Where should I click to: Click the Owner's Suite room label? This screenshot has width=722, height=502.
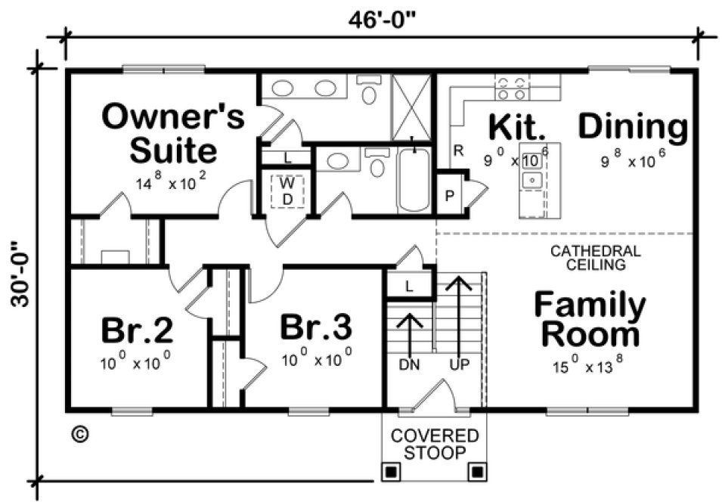[173, 134]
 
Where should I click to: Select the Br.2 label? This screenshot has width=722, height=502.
[137, 330]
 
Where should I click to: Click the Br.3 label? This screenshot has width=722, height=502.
[315, 328]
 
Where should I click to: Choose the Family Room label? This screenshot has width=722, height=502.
[590, 319]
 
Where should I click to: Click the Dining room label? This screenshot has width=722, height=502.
[634, 127]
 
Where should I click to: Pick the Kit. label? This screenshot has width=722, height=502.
[516, 127]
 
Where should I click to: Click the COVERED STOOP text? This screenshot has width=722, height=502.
[434, 444]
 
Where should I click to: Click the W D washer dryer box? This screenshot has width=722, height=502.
[287, 191]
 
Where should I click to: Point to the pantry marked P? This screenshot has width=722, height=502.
[450, 195]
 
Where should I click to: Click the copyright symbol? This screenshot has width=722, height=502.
[79, 434]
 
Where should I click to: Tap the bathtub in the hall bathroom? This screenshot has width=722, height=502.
[413, 180]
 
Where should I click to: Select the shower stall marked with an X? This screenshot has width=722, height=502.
[411, 108]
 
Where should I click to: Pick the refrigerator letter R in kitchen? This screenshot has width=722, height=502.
[458, 150]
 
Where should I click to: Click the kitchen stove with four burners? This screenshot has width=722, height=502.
[510, 89]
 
